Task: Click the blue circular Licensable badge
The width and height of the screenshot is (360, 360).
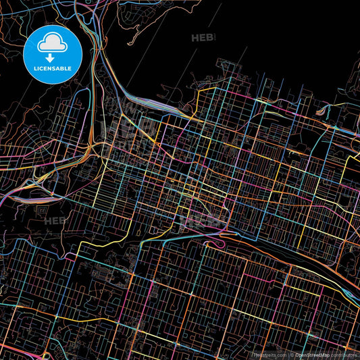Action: (x=52, y=55)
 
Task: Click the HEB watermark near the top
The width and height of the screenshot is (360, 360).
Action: (x=202, y=38)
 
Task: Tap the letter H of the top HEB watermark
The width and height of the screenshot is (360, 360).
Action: (x=195, y=38)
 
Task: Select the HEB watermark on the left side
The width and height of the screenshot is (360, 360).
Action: (x=55, y=220)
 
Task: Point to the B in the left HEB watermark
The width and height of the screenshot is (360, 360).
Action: (x=63, y=220)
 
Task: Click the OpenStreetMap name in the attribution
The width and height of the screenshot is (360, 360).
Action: (x=313, y=354)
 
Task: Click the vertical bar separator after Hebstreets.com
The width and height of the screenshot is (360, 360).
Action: (x=287, y=354)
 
